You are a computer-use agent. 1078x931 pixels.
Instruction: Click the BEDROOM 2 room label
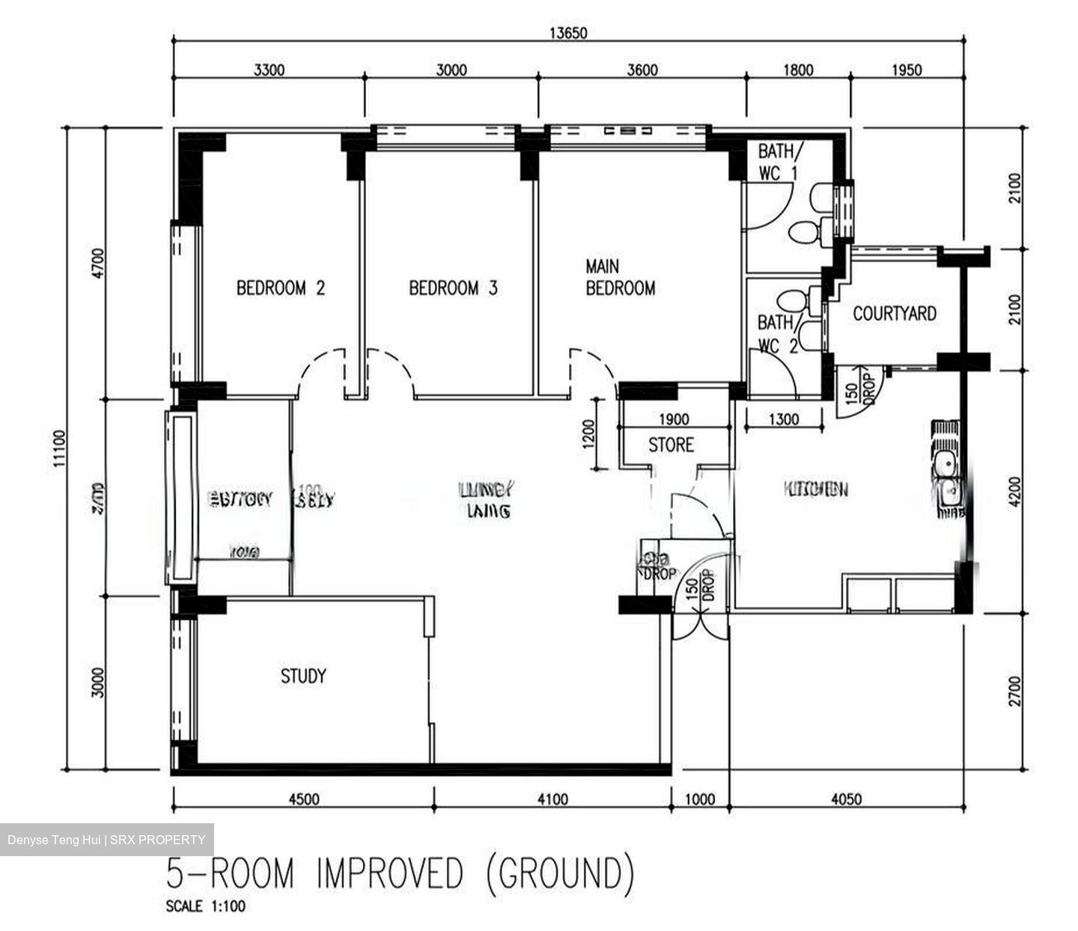click(x=281, y=288)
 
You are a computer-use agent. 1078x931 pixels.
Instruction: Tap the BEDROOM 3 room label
click(x=453, y=288)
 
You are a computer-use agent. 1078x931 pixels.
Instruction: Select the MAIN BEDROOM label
click(x=620, y=277)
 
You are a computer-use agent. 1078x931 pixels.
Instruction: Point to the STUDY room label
click(x=303, y=677)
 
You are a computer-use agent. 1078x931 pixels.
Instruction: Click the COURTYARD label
click(x=895, y=313)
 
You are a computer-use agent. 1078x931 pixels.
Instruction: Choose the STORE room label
click(x=671, y=445)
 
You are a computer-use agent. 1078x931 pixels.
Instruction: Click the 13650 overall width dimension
click(x=568, y=33)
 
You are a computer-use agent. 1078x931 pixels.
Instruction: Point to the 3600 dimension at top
click(x=642, y=70)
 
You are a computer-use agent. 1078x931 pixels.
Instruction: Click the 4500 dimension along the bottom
click(x=303, y=799)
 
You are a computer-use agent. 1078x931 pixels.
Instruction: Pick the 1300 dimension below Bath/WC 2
click(x=783, y=420)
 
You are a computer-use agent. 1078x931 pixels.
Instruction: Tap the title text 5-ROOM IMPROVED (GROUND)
click(x=401, y=873)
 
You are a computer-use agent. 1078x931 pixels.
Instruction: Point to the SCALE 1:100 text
click(x=205, y=907)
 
